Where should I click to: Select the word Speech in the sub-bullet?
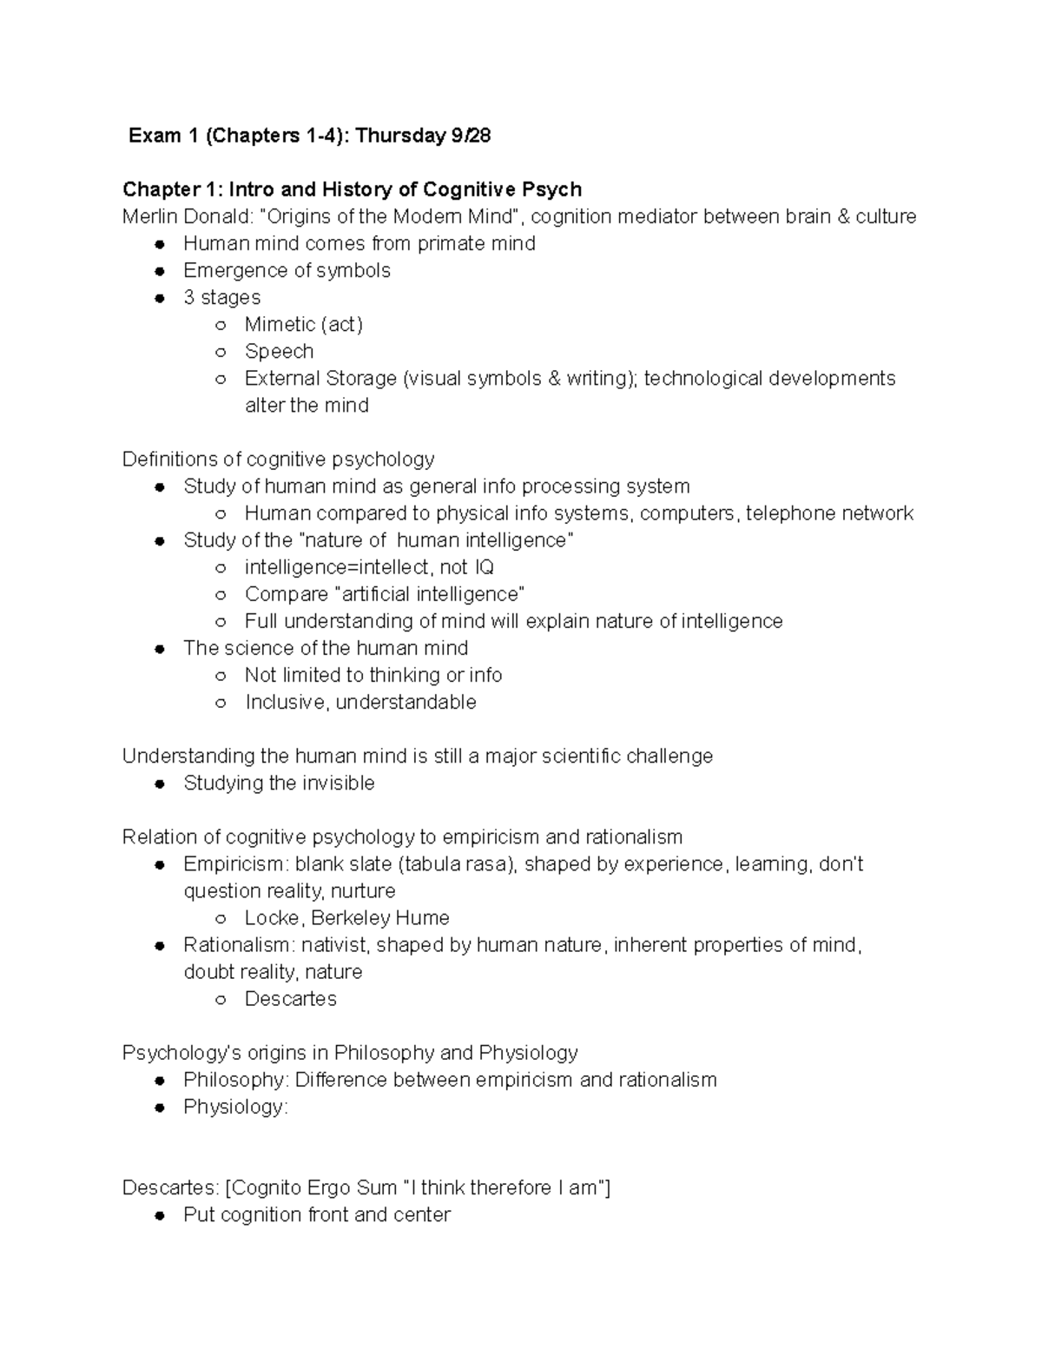coord(279,351)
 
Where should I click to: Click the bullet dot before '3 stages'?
coord(159,298)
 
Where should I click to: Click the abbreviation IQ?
coord(484,567)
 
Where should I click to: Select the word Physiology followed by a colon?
coord(233,1107)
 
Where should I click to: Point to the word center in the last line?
coord(421,1214)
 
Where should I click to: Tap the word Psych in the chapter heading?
coord(551,189)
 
